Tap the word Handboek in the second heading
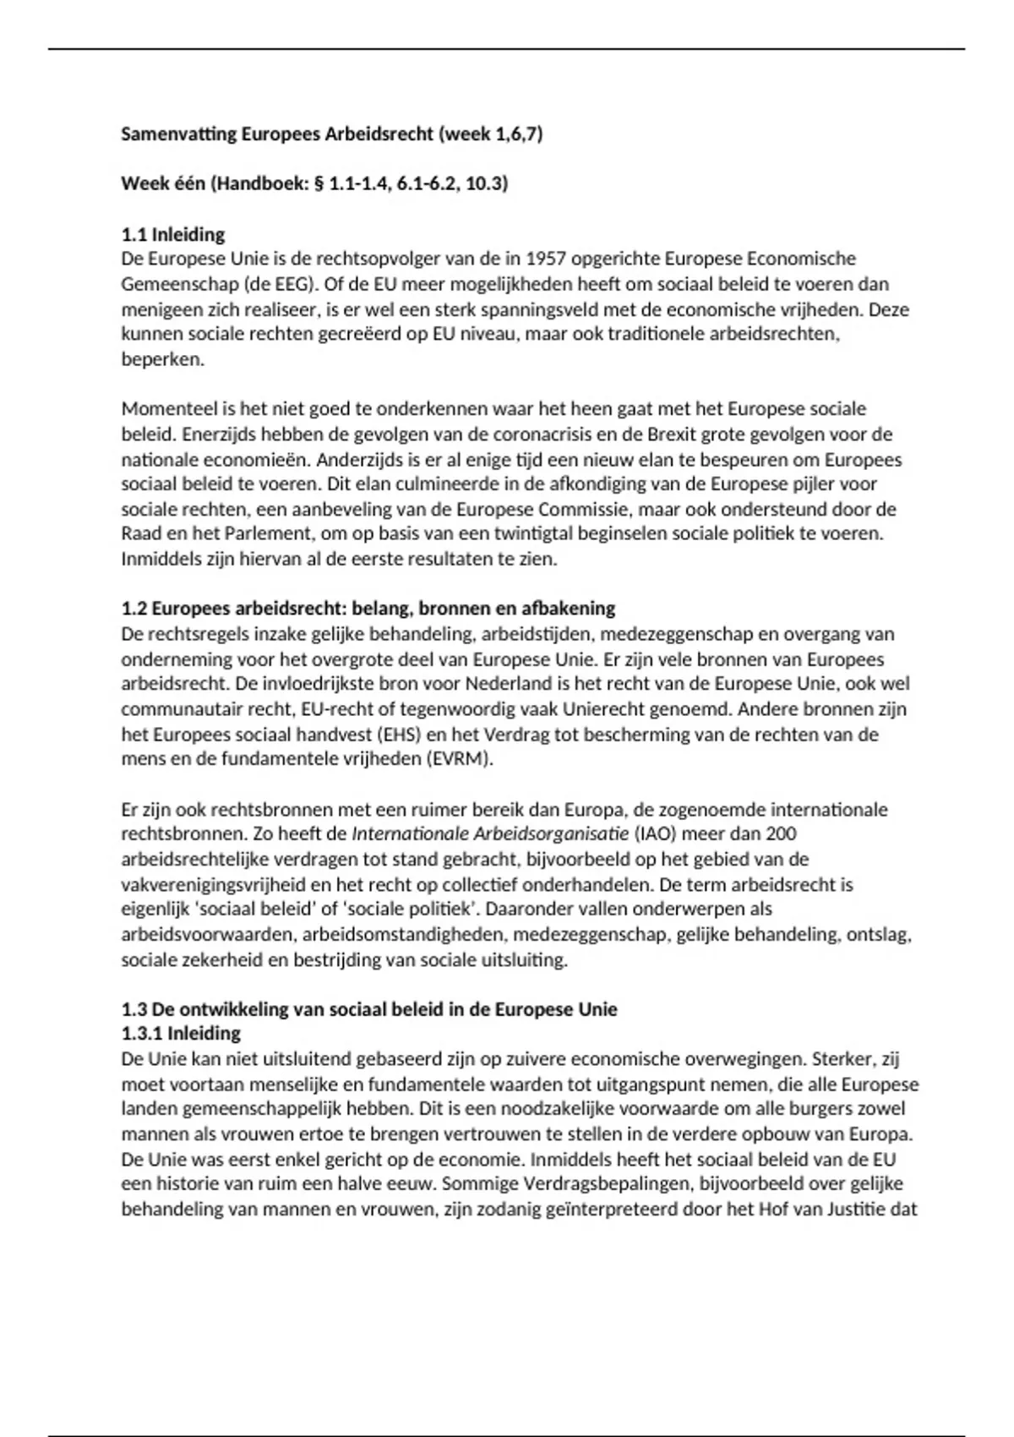[x=255, y=183]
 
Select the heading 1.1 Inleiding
[x=173, y=234]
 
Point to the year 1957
[x=545, y=259]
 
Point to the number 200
[x=782, y=834]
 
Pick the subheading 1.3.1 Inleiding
[x=181, y=1034]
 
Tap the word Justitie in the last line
[x=853, y=1210]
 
